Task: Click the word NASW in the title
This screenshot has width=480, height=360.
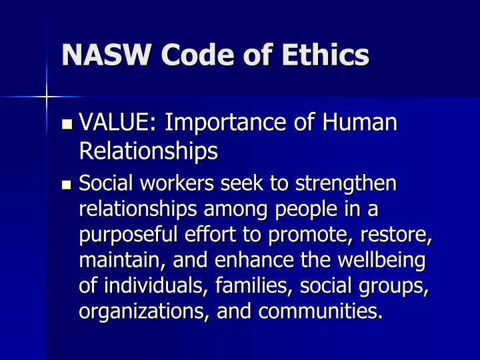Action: point(106,55)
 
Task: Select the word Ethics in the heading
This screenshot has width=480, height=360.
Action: point(325,54)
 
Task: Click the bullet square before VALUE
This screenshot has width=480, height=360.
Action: point(67,124)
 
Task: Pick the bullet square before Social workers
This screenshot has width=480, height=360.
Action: point(67,185)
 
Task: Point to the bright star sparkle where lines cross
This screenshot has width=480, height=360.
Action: point(47,97)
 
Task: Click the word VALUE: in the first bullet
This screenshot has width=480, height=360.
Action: point(118,122)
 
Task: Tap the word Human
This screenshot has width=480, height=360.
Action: point(360,122)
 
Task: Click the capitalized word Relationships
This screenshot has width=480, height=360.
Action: point(149,151)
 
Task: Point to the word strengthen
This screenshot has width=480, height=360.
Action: point(346,184)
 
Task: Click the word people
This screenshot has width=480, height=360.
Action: point(306,210)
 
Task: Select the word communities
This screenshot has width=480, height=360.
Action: point(320,311)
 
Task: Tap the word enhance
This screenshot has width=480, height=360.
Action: point(254,260)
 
